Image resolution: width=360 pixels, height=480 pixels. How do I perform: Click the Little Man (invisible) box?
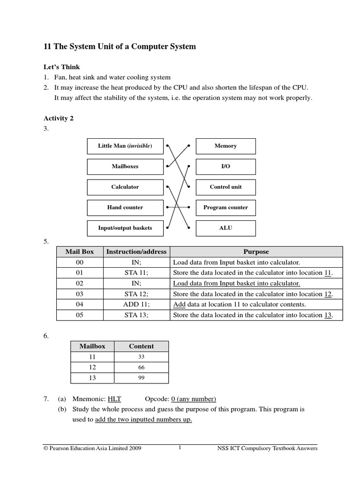[125, 146]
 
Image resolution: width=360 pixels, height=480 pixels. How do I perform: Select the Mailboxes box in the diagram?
[125, 166]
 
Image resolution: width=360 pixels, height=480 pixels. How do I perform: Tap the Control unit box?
[225, 187]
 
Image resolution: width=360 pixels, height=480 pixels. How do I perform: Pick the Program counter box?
[225, 207]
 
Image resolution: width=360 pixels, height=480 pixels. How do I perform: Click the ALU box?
[225, 228]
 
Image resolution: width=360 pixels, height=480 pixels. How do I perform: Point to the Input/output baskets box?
[125, 228]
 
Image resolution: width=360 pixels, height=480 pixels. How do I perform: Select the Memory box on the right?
[225, 146]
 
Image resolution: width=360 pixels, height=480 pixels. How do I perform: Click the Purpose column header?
[256, 252]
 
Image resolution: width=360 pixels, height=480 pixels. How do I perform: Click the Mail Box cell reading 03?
[79, 294]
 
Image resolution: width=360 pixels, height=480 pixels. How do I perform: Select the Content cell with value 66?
[141, 367]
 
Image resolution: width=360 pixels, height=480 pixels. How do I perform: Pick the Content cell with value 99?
[141, 378]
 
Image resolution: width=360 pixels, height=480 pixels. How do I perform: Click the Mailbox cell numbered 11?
[92, 357]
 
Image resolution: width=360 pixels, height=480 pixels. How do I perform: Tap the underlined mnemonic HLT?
[114, 399]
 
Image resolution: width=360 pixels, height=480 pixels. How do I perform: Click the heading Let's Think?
[61, 67]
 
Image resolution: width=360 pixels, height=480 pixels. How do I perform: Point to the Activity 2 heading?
[59, 119]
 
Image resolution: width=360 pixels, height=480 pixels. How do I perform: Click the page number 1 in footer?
[180, 448]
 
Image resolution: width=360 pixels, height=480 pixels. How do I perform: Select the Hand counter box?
[125, 207]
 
